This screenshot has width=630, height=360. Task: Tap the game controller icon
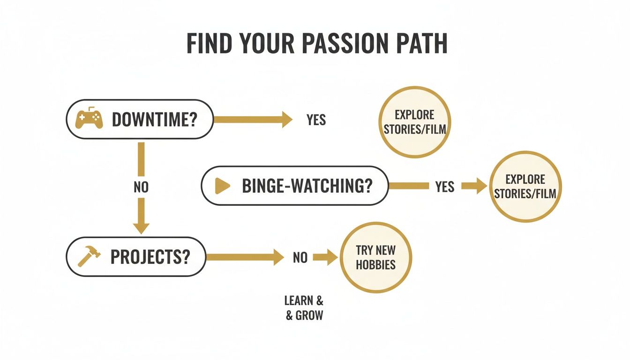90,119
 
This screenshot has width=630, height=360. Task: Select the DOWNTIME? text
154,120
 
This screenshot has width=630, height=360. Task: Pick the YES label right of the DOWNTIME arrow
316,120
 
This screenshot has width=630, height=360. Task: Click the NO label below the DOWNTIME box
141,187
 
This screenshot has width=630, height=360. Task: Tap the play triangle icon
222,186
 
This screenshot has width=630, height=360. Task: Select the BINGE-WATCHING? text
307,186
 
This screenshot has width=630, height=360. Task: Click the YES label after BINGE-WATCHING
444,187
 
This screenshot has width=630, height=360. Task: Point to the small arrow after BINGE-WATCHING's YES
474,186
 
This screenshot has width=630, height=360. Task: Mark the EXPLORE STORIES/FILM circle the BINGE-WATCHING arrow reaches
525,186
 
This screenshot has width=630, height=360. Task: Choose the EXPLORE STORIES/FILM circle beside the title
415,121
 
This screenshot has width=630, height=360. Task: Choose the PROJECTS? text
151,256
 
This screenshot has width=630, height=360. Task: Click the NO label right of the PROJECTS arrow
300,257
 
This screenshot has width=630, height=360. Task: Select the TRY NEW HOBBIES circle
375,257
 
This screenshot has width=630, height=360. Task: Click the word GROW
309,315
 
